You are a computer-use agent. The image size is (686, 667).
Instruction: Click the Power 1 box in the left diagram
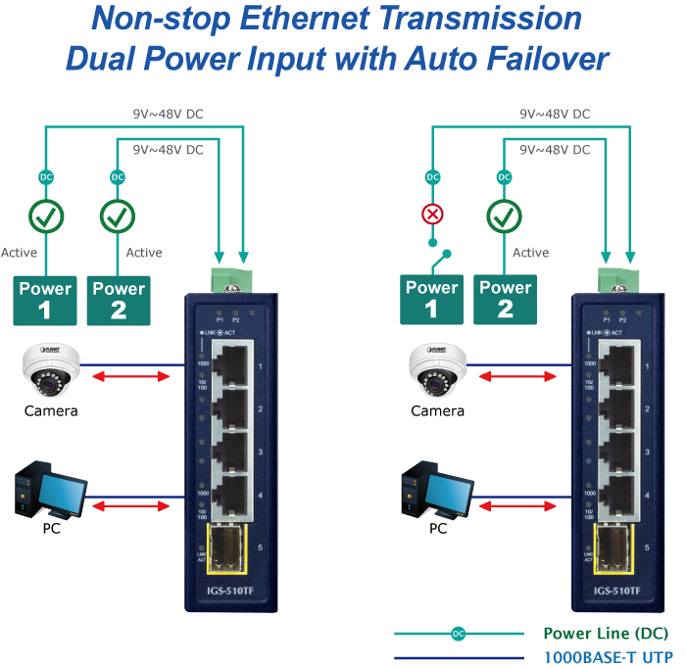click(x=46, y=300)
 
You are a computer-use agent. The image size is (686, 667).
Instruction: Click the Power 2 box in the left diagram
click(x=119, y=300)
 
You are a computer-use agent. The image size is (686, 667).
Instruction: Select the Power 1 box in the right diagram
click(x=432, y=299)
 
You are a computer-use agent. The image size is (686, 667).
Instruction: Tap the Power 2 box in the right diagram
click(x=505, y=299)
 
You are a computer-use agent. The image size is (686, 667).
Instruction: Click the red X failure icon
click(x=432, y=214)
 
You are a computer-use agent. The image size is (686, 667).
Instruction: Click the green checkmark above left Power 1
click(x=46, y=214)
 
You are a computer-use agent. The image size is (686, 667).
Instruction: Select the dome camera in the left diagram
click(x=50, y=370)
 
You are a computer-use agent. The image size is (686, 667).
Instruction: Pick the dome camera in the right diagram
click(x=437, y=370)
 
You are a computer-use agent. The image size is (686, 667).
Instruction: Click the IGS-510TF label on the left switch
click(x=228, y=591)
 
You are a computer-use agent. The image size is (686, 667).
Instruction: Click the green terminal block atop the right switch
click(x=617, y=278)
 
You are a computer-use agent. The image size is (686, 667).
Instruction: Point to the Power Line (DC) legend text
click(x=605, y=634)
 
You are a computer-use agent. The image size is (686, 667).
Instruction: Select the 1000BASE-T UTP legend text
click(x=605, y=657)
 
